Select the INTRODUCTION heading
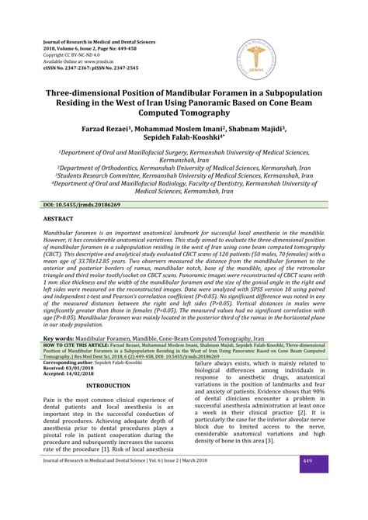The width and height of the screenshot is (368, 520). coord(108,385)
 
